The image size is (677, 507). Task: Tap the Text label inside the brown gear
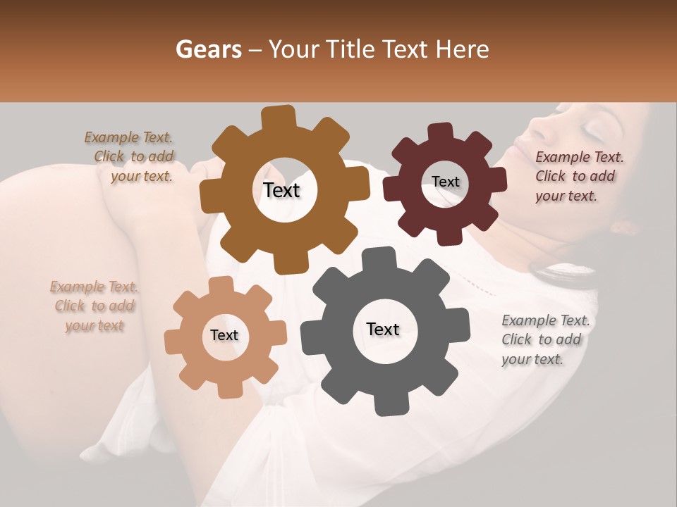pyautogui.click(x=281, y=190)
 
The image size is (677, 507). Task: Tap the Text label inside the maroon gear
pyautogui.click(x=445, y=182)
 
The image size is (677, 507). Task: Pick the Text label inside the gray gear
pyautogui.click(x=383, y=330)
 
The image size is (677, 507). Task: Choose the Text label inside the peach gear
pyautogui.click(x=224, y=336)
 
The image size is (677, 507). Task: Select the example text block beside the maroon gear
pyautogui.click(x=578, y=177)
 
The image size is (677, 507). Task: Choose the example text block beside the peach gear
pyautogui.click(x=94, y=306)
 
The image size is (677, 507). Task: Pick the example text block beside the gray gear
pyautogui.click(x=544, y=340)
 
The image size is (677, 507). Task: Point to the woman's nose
pyautogui.click(x=537, y=128)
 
